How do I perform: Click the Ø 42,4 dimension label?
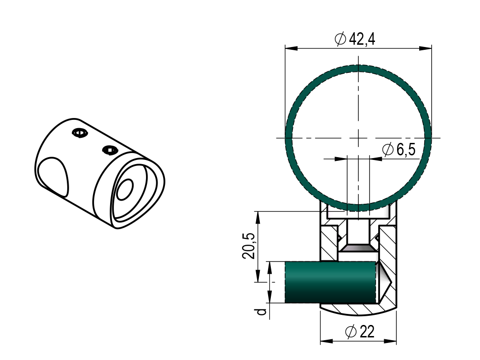(355, 39)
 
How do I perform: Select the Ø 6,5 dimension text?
(399, 150)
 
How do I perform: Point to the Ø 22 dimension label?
(360, 331)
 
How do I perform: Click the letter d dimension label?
(261, 312)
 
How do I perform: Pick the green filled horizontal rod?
(330, 282)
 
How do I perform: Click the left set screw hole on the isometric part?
(79, 133)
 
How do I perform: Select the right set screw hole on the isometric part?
(110, 150)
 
